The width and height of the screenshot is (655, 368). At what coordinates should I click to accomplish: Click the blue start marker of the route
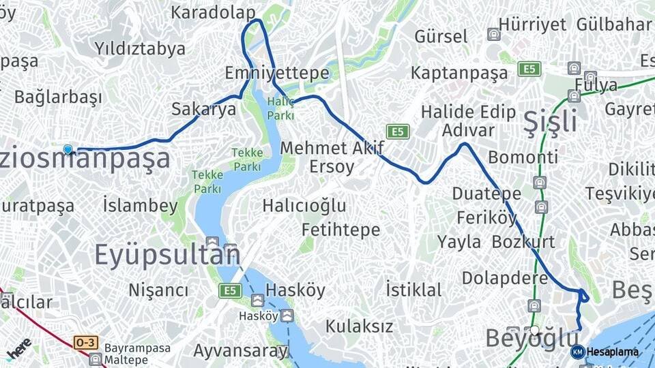click(68, 149)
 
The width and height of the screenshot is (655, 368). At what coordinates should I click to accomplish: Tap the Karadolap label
click(213, 12)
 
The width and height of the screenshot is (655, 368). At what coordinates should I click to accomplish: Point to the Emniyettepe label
click(277, 73)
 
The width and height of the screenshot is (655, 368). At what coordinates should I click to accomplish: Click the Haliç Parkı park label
click(280, 108)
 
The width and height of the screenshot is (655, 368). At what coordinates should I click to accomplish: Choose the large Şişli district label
click(550, 121)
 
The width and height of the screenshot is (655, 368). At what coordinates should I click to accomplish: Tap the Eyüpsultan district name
click(167, 254)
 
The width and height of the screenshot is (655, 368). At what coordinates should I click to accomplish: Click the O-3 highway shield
click(85, 343)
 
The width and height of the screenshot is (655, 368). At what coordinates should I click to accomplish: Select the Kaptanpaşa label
click(459, 73)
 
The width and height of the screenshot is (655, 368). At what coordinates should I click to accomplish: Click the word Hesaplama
click(613, 352)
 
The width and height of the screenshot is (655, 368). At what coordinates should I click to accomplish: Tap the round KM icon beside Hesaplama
click(578, 352)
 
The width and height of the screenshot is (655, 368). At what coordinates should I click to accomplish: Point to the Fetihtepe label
click(340, 230)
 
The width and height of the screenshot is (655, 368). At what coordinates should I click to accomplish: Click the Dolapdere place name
click(505, 278)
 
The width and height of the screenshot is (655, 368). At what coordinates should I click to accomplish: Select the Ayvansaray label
click(241, 351)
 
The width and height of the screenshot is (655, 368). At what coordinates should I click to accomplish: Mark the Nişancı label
click(158, 290)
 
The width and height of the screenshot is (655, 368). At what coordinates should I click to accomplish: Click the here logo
click(19, 348)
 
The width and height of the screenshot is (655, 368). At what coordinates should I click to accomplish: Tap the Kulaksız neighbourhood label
click(359, 326)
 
